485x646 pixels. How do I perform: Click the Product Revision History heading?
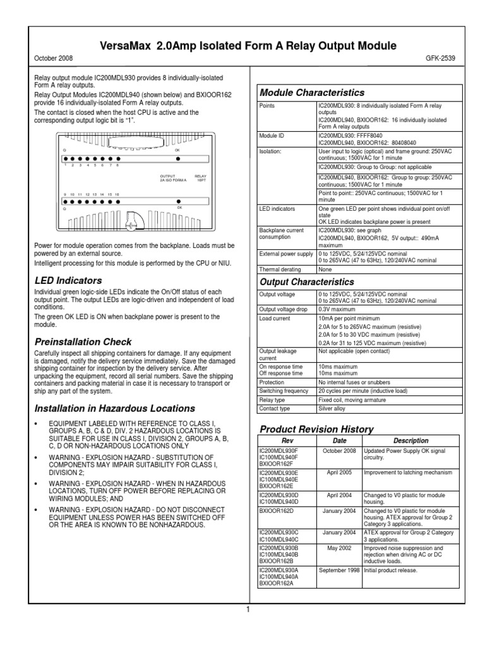316,429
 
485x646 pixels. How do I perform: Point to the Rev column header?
287,441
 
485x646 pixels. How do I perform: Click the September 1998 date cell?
340,570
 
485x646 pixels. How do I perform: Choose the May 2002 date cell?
340,548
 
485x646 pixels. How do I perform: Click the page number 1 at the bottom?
249,609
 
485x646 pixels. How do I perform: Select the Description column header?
410,441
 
